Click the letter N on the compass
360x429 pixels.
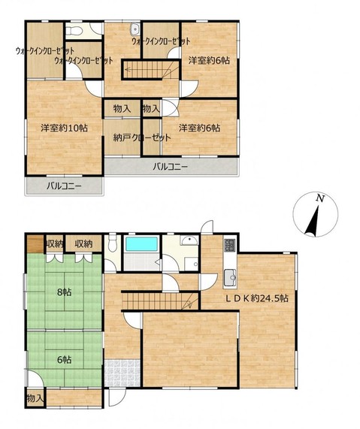[x=319, y=198]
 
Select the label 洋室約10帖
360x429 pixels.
[x=65, y=128]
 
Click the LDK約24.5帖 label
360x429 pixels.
[x=257, y=298]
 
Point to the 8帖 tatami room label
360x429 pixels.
[x=65, y=292]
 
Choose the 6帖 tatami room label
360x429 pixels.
[x=65, y=360]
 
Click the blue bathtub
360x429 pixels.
[x=141, y=244]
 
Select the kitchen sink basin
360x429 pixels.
[x=230, y=278]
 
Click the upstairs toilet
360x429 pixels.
[x=74, y=32]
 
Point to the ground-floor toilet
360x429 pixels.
[x=112, y=243]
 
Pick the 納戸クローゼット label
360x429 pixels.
[x=142, y=137]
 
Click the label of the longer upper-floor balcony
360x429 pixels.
[x=171, y=167]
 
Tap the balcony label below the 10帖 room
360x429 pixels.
[x=64, y=186]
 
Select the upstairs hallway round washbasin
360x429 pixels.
[x=135, y=29]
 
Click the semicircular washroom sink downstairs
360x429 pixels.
[x=189, y=240]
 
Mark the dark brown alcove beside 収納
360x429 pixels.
[x=35, y=243]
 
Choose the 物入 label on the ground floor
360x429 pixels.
[x=35, y=399]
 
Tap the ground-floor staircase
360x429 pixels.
[x=160, y=301]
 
